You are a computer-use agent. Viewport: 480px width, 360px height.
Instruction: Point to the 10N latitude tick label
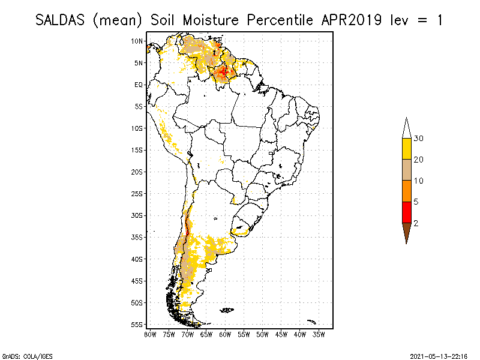(137, 41)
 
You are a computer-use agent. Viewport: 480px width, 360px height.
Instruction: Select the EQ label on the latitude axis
(139, 85)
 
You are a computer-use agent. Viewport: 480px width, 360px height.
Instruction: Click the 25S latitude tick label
(137, 193)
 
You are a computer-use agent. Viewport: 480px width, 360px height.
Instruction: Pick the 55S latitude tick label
(137, 324)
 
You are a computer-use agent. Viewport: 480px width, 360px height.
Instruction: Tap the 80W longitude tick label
(150, 334)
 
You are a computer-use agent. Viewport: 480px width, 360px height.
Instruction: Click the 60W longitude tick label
(225, 334)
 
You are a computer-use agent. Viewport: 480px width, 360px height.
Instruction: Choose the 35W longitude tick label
(319, 334)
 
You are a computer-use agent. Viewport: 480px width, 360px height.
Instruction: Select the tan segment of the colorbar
(406, 170)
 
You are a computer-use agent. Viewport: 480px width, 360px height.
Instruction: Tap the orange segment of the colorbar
(406, 191)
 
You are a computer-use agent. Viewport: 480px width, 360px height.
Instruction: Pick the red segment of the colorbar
(406, 212)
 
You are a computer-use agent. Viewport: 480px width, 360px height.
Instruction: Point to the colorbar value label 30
(419, 139)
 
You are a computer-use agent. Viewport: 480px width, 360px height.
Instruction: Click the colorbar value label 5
(416, 202)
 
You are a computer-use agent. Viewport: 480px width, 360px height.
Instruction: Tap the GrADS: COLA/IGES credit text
(21, 355)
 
